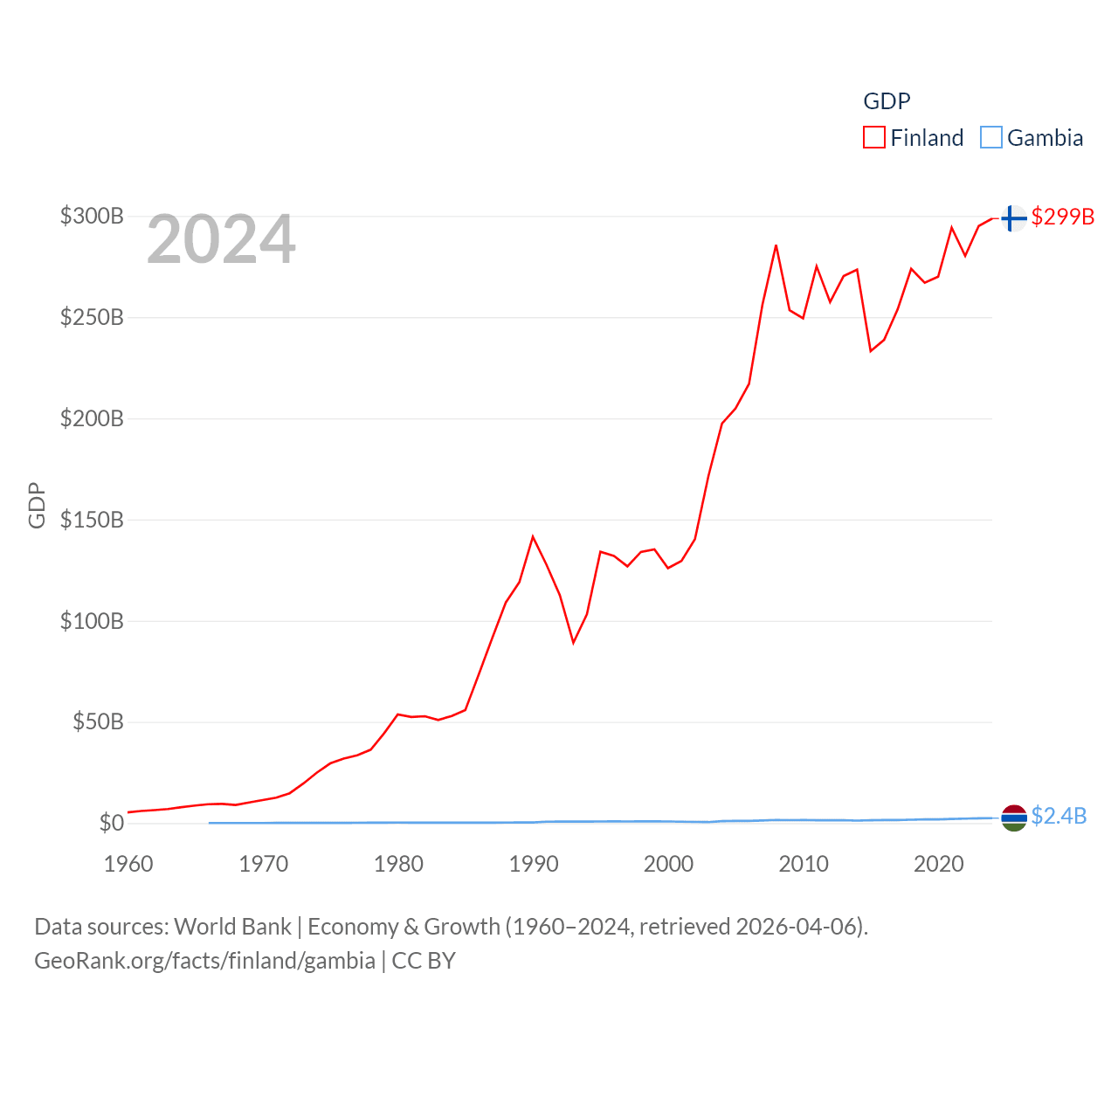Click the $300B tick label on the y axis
coord(92,216)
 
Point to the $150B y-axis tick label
coord(92,520)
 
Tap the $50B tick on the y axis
coord(97,722)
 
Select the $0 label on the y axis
coord(111,823)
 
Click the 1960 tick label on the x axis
coord(128,864)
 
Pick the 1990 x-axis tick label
coord(534,864)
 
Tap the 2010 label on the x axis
coord(804,864)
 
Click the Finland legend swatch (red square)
coord(874,138)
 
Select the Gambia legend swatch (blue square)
coord(991,138)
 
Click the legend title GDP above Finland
coord(887,101)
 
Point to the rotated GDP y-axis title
coord(37,505)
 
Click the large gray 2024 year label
coord(221,239)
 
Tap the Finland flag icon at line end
coord(1013,217)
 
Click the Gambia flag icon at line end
coord(1013,818)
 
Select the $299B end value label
coord(1062,217)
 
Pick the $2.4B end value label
coord(1059,816)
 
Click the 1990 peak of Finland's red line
coord(533,536)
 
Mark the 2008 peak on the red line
coord(776,245)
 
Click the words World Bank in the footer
coord(233,927)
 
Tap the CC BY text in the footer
coord(424,961)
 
